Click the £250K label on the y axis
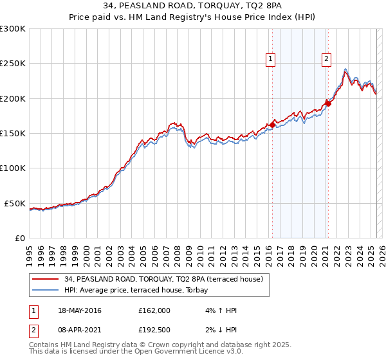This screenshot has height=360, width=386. pyautogui.click(x=13, y=64)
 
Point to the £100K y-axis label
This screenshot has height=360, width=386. pyautogui.click(x=13, y=168)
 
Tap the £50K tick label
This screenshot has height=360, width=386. pyautogui.click(x=15, y=203)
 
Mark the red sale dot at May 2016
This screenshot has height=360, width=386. pyautogui.click(x=272, y=125)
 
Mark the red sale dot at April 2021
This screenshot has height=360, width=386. pyautogui.click(x=327, y=104)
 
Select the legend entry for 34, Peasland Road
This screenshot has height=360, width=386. pyautogui.click(x=163, y=279)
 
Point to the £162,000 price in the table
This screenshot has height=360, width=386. pyautogui.click(x=154, y=310)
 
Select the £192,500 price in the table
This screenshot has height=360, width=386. pyautogui.click(x=154, y=332)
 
